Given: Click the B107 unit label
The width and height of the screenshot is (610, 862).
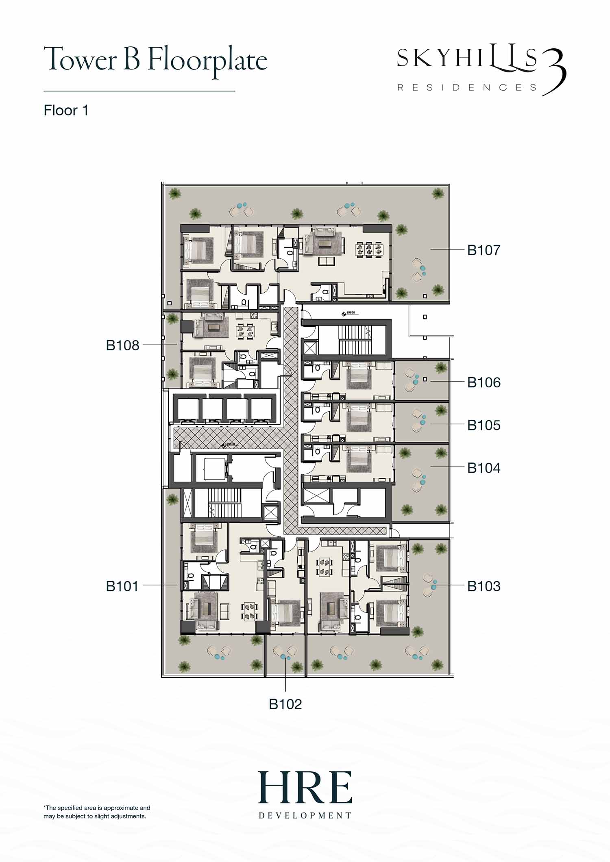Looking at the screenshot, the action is (484, 250).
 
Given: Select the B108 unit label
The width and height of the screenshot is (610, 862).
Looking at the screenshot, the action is (122, 345).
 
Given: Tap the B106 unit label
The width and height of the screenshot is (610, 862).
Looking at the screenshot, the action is (484, 382).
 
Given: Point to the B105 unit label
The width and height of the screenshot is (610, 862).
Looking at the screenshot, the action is (484, 425).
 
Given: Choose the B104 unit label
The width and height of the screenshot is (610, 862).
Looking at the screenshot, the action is (484, 468).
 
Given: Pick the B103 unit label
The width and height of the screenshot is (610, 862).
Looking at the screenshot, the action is (484, 586).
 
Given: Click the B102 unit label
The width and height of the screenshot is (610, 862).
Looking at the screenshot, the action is (285, 704).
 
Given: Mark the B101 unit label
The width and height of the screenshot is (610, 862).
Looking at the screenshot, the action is (122, 586).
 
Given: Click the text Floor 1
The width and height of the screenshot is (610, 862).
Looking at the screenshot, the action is (66, 111).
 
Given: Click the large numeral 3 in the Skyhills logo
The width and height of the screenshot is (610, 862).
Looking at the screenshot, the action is (554, 72).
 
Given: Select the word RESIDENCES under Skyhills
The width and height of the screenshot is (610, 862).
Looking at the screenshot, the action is (467, 87).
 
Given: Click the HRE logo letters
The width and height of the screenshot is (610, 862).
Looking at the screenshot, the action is (305, 787).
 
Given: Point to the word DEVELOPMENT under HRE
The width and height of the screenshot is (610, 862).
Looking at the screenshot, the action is (305, 815).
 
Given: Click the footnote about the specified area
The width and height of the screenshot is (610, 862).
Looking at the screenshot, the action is (97, 812).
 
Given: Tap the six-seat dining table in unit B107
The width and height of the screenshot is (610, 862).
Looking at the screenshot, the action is (369, 249).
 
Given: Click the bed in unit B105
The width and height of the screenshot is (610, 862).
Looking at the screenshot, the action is (359, 419).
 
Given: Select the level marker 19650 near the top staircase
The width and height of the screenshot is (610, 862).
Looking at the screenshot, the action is (349, 313).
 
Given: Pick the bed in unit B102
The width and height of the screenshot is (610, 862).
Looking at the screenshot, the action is (285, 614).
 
